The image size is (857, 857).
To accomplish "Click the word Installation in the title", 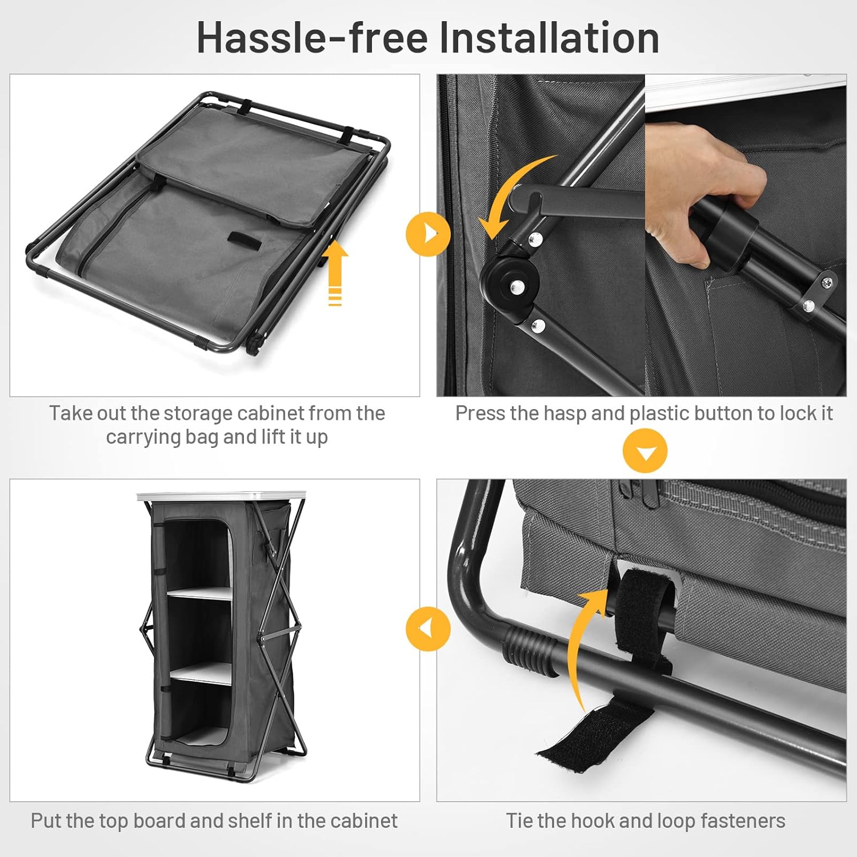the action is pos(549,38).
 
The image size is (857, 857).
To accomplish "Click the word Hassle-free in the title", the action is pos(312,38).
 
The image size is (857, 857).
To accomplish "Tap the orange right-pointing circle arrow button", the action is pos(428,234).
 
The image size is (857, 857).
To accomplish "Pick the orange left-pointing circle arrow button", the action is pos(428,628).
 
